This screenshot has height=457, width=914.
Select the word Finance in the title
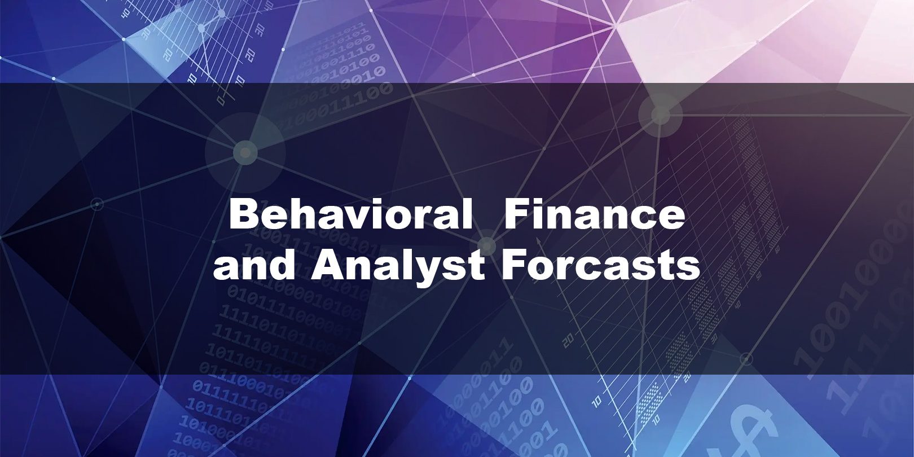click(x=594, y=214)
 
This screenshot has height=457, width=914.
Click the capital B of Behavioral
click(x=244, y=214)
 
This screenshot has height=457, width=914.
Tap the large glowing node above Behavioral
click(x=245, y=153)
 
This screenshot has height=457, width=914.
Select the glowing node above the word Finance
click(x=660, y=115)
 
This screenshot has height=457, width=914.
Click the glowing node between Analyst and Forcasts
click(x=487, y=246)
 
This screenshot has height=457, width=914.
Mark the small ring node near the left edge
click(x=96, y=204)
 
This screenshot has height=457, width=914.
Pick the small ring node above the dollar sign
click(x=746, y=359)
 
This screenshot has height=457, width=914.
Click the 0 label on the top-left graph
click(x=221, y=99)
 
